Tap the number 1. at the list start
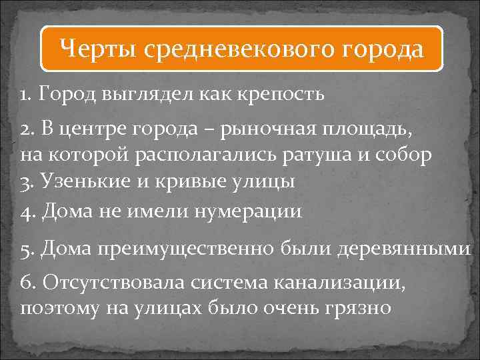(x=27, y=94)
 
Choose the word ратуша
(x=323, y=155)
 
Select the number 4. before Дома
(x=28, y=211)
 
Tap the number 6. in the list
(x=28, y=283)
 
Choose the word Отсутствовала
(x=115, y=283)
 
